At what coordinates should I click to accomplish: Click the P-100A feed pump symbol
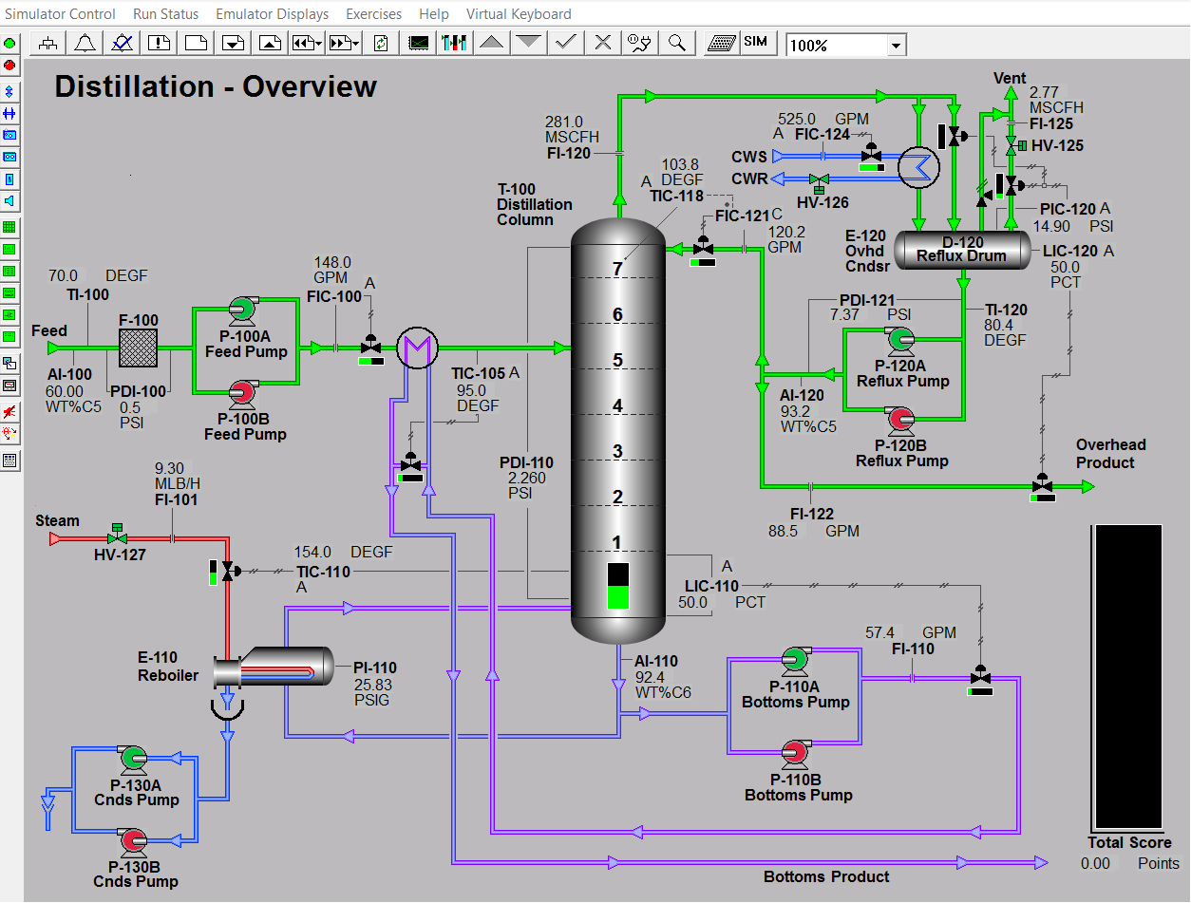point(242,310)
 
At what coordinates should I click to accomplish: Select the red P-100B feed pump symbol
point(242,393)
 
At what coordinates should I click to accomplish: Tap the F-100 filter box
point(139,348)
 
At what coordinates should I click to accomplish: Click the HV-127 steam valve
point(117,535)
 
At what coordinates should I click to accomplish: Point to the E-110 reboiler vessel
point(274,666)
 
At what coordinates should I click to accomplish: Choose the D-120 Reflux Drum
point(962,250)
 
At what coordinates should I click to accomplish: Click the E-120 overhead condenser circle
point(918,167)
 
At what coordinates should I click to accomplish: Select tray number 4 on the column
point(617,405)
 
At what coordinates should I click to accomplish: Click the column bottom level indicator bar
point(618,585)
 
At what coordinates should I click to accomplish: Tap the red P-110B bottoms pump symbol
point(795,753)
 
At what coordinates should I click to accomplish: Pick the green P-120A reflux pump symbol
point(900,340)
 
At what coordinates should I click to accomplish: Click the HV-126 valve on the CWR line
point(819,182)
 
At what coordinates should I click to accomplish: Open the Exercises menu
point(373,13)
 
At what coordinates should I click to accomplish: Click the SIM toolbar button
point(755,42)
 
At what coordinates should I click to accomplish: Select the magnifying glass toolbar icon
point(676,43)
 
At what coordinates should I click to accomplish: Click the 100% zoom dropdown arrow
point(897,45)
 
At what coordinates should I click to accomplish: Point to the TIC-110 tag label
point(323,572)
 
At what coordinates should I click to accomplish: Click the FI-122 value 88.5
point(783,531)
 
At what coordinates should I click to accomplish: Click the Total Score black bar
point(1128,677)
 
